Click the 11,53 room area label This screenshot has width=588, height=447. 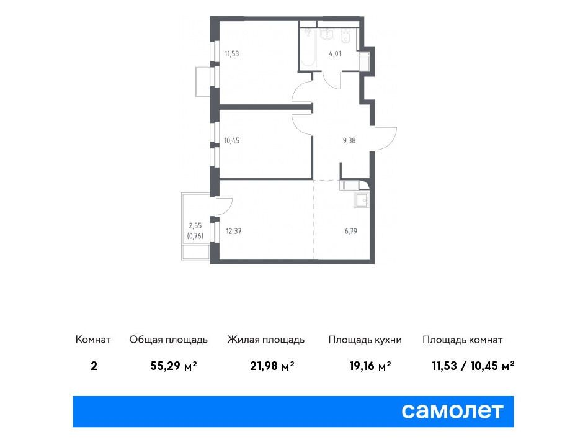pyautogui.click(x=232, y=53)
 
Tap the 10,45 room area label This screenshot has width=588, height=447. pyautogui.click(x=232, y=141)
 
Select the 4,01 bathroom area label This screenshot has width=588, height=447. pyautogui.click(x=336, y=53)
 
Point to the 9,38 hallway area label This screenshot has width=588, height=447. pyautogui.click(x=349, y=141)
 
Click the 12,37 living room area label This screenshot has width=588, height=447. pyautogui.click(x=234, y=231)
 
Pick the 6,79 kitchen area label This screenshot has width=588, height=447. pyautogui.click(x=351, y=231)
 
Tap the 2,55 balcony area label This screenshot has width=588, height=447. pyautogui.click(x=195, y=226)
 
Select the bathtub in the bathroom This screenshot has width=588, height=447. pyautogui.click(x=309, y=47)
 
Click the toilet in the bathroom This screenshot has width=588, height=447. pyautogui.click(x=345, y=36)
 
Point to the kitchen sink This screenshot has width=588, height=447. pyautogui.click(x=362, y=201)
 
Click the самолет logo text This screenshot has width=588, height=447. pyautogui.click(x=452, y=411)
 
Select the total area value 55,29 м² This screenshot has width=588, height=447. pyautogui.click(x=174, y=366)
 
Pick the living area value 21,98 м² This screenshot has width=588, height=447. pyautogui.click(x=272, y=366)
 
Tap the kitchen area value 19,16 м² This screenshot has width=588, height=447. pyautogui.click(x=370, y=366)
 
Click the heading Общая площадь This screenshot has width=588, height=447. pyautogui.click(x=168, y=340)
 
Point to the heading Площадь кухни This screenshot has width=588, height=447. pyautogui.click(x=365, y=340)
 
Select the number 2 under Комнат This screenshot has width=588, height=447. pyautogui.click(x=94, y=366)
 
